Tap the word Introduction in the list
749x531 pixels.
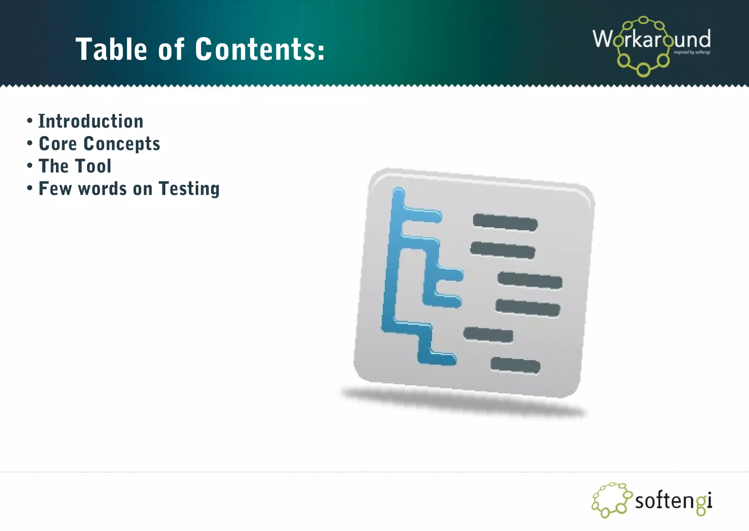tap(91, 121)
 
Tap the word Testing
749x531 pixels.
tap(189, 189)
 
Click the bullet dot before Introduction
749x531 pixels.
tap(30, 120)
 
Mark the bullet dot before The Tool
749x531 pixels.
tap(30, 166)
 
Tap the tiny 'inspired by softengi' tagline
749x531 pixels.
tap(692, 52)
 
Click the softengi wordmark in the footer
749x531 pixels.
tap(673, 501)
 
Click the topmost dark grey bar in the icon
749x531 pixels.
tap(505, 222)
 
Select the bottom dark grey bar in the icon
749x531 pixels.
tap(515, 365)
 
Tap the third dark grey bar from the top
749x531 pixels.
tap(530, 281)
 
